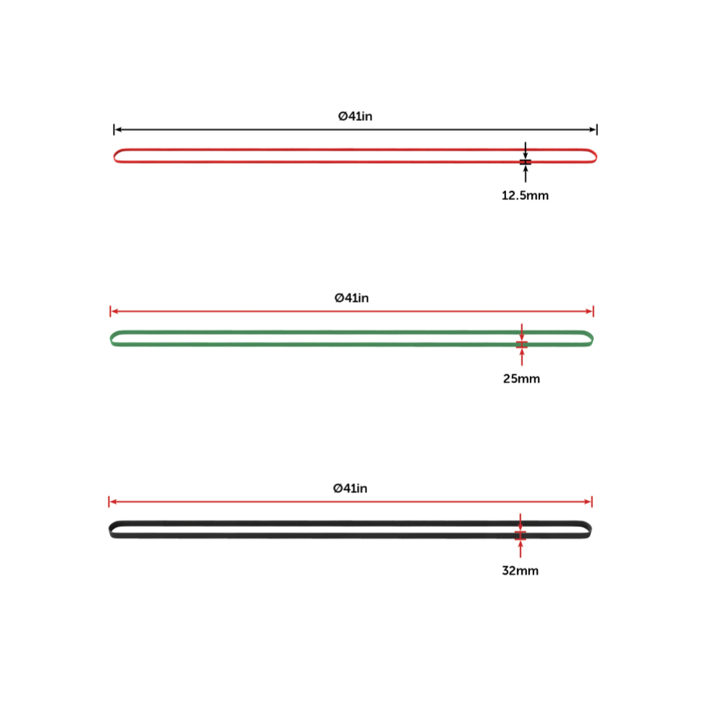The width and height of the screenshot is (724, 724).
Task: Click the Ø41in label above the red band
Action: (355, 117)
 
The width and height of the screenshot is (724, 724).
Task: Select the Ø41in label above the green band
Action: (352, 298)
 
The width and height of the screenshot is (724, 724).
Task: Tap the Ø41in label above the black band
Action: (350, 489)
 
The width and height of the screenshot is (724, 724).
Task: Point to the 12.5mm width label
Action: (525, 195)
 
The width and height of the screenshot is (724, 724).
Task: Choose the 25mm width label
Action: (522, 379)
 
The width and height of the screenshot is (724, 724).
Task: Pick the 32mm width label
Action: (521, 571)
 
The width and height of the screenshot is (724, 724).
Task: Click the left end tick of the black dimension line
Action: (114, 130)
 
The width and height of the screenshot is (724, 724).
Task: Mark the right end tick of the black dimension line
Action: (597, 130)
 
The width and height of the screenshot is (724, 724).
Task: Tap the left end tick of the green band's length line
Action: (110, 311)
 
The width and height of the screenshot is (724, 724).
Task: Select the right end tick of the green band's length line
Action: (594, 311)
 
